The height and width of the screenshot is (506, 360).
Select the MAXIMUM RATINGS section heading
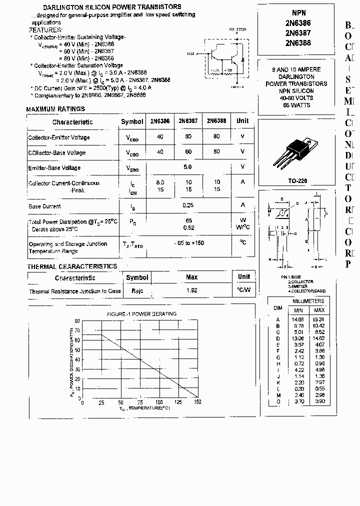(55, 109)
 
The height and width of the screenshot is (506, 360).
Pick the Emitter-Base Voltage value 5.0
(187, 167)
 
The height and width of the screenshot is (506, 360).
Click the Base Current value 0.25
(187, 205)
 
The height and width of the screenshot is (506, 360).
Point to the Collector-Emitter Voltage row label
(59, 137)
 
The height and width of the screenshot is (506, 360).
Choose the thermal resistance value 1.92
(191, 290)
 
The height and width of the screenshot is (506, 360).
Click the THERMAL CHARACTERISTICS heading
(72, 266)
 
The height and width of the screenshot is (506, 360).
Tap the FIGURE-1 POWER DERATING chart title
(141, 314)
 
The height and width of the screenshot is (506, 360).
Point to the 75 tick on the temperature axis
(140, 402)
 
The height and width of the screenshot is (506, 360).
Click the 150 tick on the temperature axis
(197, 402)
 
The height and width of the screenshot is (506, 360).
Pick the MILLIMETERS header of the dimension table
(308, 301)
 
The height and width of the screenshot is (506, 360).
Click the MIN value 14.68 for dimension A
(298, 319)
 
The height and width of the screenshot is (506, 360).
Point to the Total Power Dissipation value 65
(188, 220)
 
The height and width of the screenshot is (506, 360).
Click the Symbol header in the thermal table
(137, 277)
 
